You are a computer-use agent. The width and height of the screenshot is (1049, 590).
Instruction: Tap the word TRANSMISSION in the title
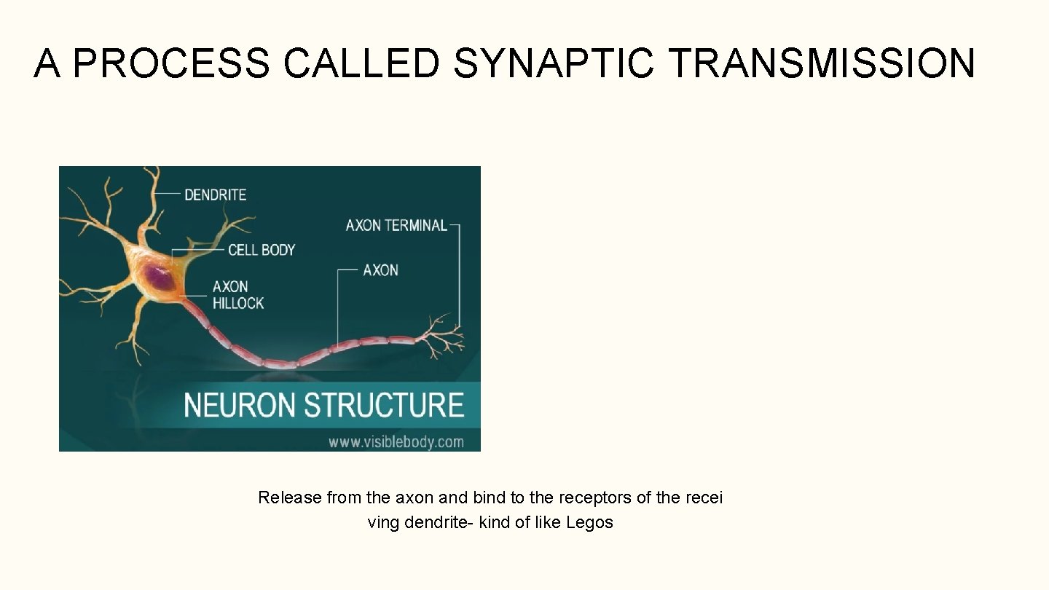pos(820,63)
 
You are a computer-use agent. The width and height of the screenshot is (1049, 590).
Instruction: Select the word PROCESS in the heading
pos(170,63)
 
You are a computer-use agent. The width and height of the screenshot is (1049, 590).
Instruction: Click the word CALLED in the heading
pos(361,63)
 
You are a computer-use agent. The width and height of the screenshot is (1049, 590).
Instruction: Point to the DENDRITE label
pos(215,194)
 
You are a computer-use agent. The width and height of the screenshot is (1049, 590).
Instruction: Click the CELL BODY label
pos(261,250)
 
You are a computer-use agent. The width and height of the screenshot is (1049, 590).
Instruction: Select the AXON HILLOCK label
pos(237,295)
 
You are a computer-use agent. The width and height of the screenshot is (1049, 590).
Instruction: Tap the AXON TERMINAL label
pos(396,225)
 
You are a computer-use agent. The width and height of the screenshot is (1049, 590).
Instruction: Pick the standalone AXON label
pos(380,270)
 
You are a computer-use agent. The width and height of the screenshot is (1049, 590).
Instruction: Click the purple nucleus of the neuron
pos(156,278)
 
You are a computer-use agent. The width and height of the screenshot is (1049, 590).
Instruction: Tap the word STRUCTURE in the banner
pos(384,405)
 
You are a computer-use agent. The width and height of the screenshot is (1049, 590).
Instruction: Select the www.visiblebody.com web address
pos(396,441)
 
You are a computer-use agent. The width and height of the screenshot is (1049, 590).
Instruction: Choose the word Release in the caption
pos(289,497)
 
